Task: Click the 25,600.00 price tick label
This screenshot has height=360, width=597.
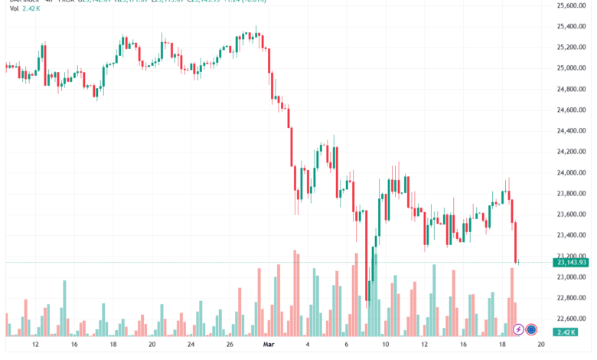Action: [571, 5]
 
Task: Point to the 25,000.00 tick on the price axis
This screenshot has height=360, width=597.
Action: [571, 68]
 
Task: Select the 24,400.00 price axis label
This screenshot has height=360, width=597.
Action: [571, 131]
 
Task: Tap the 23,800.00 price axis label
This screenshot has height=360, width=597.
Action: [571, 194]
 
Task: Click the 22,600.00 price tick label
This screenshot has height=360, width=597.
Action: [571, 319]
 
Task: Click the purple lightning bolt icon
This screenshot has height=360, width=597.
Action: [518, 330]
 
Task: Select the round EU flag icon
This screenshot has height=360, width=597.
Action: [532, 330]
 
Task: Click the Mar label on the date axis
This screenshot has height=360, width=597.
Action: [269, 345]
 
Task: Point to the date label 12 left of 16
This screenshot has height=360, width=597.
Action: [34, 345]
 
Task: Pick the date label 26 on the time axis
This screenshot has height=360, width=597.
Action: [230, 345]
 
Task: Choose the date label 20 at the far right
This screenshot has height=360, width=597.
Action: [541, 345]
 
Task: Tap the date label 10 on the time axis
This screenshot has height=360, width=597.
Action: [386, 345]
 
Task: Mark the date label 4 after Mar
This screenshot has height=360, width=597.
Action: [308, 345]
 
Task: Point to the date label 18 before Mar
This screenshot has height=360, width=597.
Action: [113, 345]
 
